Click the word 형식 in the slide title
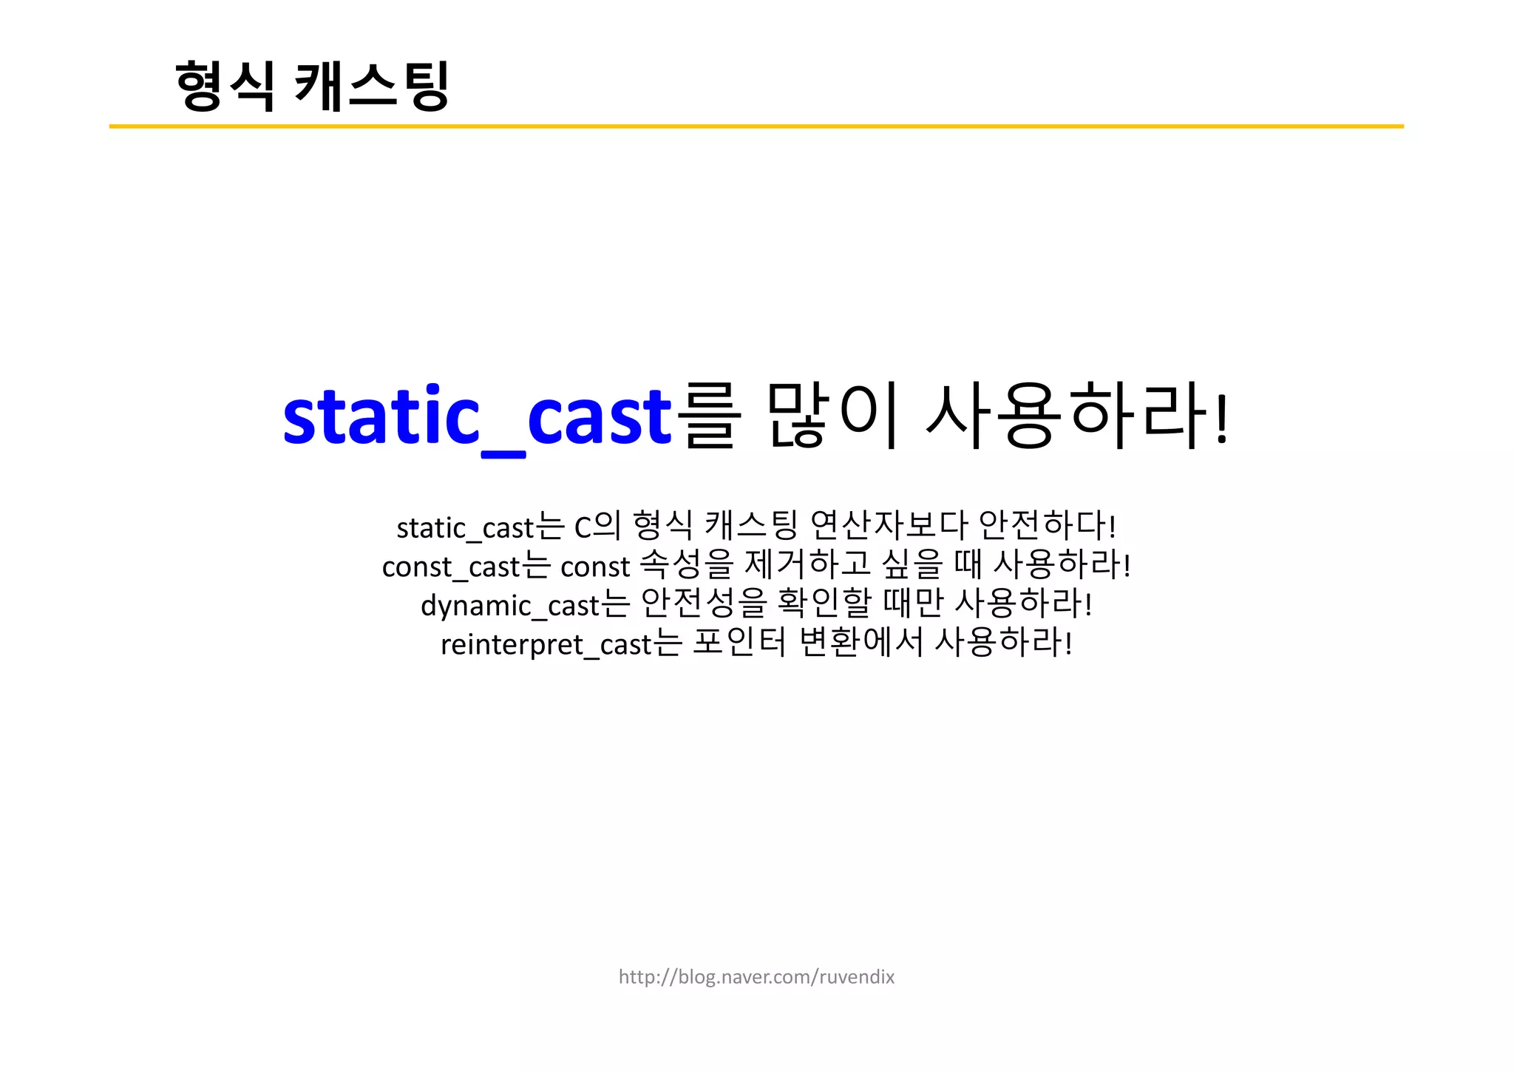click(x=225, y=86)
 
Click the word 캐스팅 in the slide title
click(x=372, y=86)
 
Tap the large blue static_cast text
click(x=477, y=416)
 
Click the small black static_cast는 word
click(x=481, y=527)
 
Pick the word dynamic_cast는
click(x=525, y=604)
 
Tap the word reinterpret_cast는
click(x=560, y=643)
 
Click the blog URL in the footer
click(x=756, y=977)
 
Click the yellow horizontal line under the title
click(x=756, y=126)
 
